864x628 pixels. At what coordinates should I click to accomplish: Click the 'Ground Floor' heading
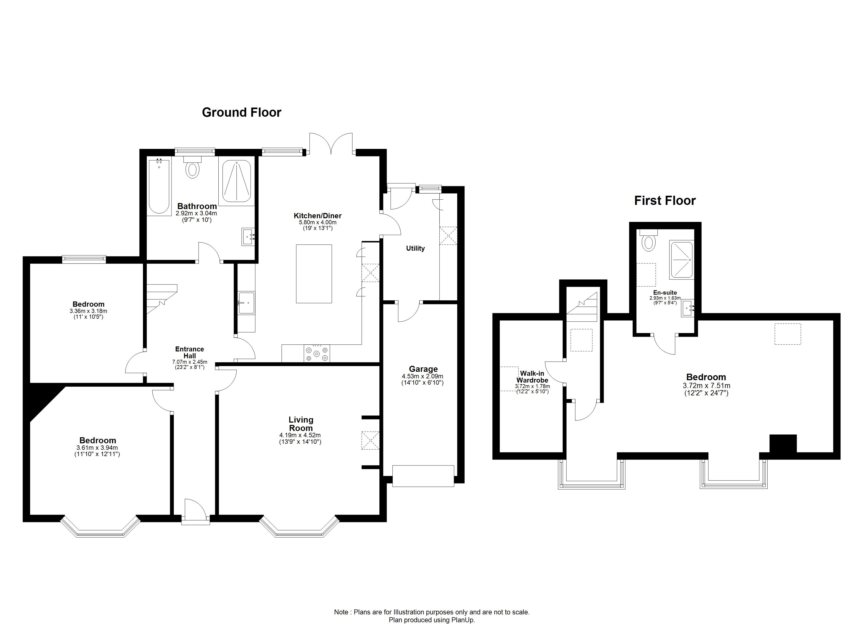coord(241,112)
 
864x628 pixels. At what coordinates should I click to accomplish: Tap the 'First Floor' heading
coord(665,200)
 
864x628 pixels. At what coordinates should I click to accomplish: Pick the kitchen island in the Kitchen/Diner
coord(314,274)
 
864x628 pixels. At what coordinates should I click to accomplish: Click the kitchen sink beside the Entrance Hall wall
coord(246,303)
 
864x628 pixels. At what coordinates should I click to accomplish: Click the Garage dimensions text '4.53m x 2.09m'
coord(423,376)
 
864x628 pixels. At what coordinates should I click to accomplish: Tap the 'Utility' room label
coord(415,248)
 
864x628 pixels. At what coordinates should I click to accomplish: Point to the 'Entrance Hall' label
coord(190,352)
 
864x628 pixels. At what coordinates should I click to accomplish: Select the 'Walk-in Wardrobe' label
coord(532,377)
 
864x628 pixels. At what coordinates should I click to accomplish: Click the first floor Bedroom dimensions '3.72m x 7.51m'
coord(706,385)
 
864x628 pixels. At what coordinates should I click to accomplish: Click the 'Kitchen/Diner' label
coord(318,216)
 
